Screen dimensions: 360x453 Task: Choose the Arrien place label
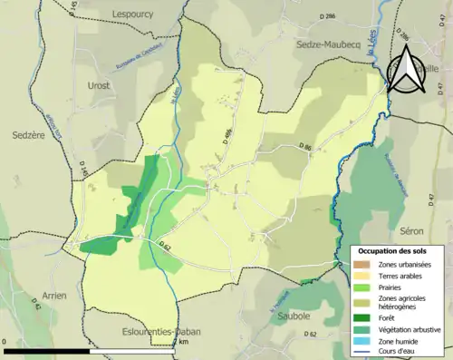tap(54, 296)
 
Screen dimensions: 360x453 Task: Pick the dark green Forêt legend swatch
tap(362, 316)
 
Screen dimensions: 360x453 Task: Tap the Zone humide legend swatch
tap(362, 341)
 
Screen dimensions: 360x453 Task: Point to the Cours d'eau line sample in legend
tap(362, 352)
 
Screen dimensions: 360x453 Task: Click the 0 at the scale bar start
tap(5, 342)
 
